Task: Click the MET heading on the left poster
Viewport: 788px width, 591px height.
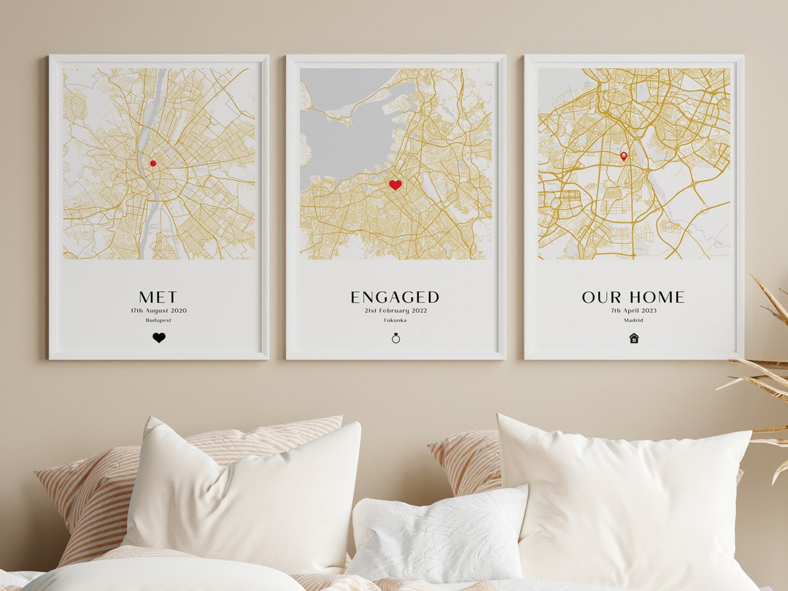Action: [158, 297]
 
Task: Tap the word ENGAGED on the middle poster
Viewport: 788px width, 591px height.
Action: [395, 297]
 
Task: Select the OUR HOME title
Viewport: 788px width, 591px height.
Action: [633, 297]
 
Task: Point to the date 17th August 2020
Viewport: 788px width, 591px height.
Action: [158, 311]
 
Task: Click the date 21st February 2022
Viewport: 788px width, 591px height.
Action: [395, 311]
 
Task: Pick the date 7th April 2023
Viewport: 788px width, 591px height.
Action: [633, 311]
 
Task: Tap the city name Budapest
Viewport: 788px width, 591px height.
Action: [158, 320]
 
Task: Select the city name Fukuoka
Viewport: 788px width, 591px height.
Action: [395, 320]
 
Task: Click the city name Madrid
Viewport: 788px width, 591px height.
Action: [633, 320]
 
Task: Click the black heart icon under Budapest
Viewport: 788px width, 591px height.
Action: [159, 338]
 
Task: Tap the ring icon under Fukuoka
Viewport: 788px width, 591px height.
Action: [395, 338]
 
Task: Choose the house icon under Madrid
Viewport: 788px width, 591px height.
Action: [633, 338]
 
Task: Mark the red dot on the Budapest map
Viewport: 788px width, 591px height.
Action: [152, 163]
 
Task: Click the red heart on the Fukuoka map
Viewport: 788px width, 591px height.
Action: [395, 185]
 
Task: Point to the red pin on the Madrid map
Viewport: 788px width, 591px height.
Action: [623, 155]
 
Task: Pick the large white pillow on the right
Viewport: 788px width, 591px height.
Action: [627, 496]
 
